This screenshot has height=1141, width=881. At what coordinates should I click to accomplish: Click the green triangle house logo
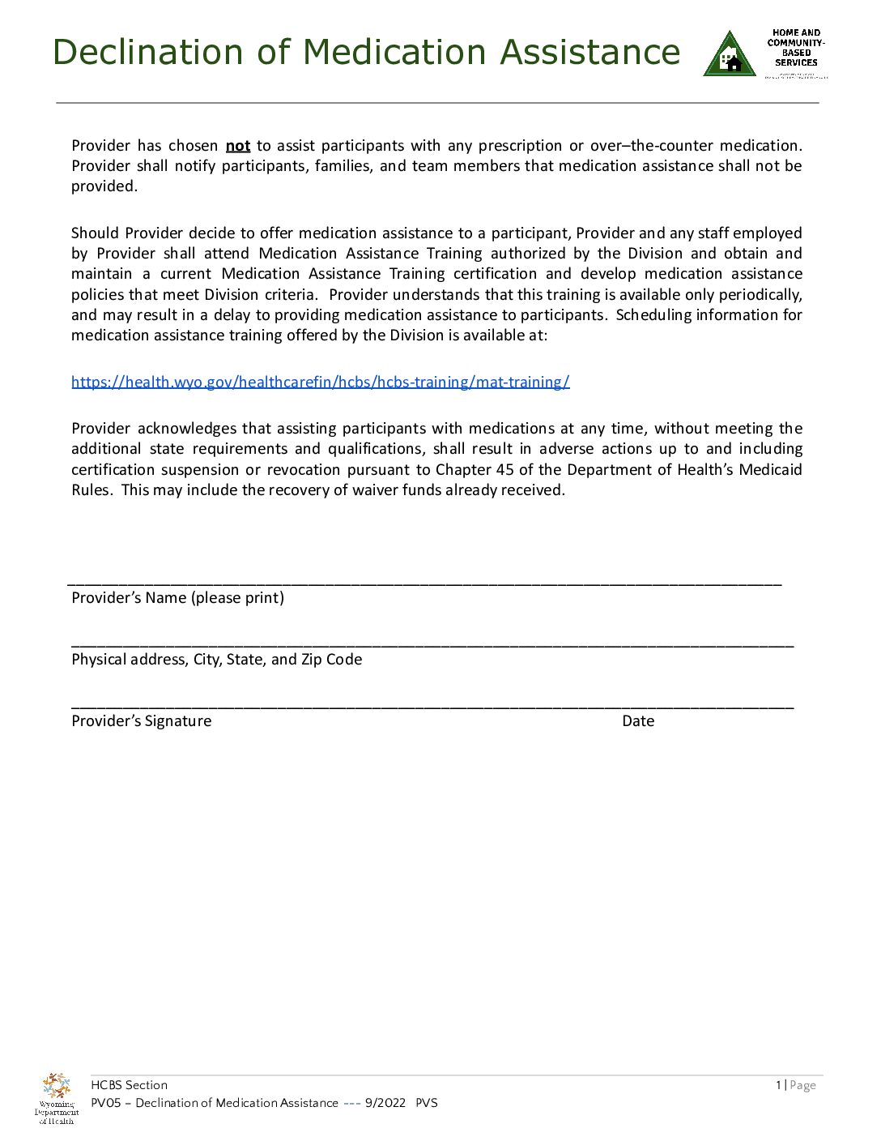pos(730,55)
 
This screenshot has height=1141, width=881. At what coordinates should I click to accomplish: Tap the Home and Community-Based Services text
pos(796,49)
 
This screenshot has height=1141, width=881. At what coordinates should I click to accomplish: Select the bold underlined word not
pos(238,146)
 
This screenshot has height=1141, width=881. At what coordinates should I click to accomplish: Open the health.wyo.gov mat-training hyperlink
pos(320,382)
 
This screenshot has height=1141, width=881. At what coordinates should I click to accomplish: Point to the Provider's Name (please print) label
pos(177,598)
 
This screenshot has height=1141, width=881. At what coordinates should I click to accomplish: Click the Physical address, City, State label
pos(216,660)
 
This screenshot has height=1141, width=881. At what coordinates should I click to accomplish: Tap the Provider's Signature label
pos(141,721)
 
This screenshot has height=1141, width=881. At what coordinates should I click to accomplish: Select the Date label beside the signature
pos(638,721)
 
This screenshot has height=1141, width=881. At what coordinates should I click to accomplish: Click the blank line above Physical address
pos(432,645)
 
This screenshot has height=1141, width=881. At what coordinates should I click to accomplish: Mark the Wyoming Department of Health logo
pos(57,1098)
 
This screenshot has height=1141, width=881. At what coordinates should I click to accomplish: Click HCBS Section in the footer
pos(130,1085)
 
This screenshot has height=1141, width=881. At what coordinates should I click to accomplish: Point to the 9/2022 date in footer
pos(385,1103)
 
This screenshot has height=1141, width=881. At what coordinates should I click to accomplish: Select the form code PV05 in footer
pos(105,1103)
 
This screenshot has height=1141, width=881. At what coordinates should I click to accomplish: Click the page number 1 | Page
pos(795,1085)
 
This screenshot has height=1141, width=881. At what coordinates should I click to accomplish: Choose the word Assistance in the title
pos(589,53)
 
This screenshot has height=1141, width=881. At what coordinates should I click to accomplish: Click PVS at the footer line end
pos(427,1103)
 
